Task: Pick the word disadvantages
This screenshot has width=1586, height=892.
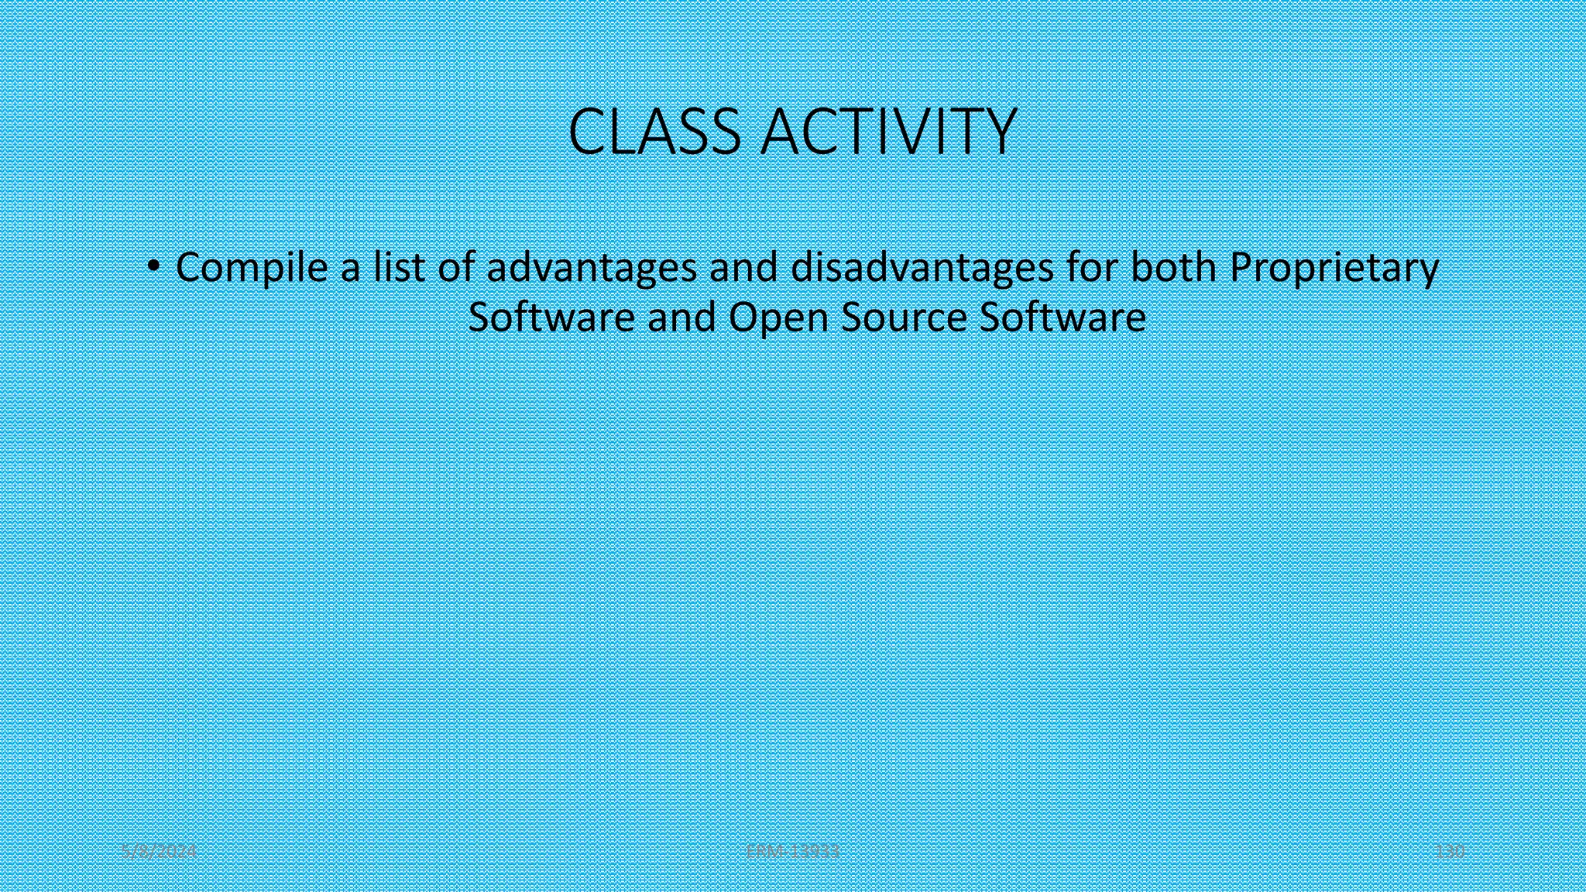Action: click(x=922, y=269)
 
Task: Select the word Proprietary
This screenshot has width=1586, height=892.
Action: click(x=1334, y=269)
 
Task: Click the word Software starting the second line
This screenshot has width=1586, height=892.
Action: click(x=551, y=317)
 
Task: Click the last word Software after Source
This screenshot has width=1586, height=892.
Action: click(x=1062, y=317)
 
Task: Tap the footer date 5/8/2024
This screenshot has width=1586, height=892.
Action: click(x=160, y=852)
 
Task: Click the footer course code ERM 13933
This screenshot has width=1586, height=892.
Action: click(x=792, y=852)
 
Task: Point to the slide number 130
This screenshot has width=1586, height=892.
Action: click(x=1450, y=852)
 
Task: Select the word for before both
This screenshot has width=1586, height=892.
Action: click(x=1092, y=267)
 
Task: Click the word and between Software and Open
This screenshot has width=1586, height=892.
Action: click(x=681, y=317)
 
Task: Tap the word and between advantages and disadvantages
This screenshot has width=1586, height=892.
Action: click(x=743, y=267)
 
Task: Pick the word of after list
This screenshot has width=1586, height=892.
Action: click(x=456, y=267)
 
